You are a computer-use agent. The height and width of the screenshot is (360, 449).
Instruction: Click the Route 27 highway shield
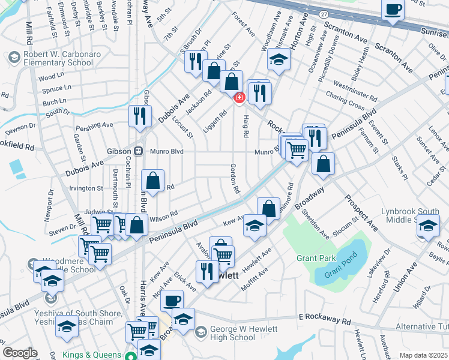[324, 14]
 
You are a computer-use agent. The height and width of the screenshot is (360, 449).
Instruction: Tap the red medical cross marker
[239, 97]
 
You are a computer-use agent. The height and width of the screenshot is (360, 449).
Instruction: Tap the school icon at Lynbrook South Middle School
[428, 227]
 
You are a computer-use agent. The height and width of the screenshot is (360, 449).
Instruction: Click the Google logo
[20, 352]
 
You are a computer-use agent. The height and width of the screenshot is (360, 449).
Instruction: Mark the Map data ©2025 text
[423, 355]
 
